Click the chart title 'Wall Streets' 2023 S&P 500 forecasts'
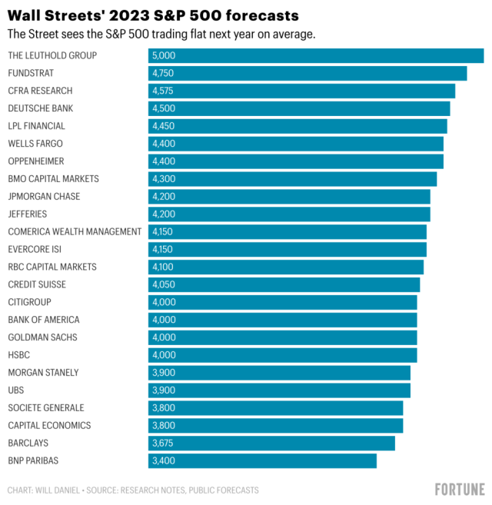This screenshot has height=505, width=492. (x=154, y=15)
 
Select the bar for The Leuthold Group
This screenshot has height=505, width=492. (x=316, y=55)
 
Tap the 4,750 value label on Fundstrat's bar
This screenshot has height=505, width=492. (x=163, y=73)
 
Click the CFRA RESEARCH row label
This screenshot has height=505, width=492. (x=40, y=91)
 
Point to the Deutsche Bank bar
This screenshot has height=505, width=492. (x=299, y=108)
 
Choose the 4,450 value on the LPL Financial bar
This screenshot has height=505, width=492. (x=163, y=126)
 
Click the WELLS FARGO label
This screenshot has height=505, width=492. (x=35, y=144)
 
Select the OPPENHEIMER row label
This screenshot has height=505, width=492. (x=36, y=161)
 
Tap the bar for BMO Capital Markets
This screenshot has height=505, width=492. (x=293, y=179)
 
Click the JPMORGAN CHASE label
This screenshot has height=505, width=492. (x=44, y=197)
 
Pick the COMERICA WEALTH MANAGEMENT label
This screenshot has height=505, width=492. (x=75, y=231)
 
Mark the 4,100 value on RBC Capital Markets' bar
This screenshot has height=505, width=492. (x=163, y=267)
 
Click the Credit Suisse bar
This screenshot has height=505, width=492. (x=284, y=284)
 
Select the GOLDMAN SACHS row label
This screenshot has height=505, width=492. (x=43, y=337)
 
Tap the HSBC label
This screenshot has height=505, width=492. (x=19, y=355)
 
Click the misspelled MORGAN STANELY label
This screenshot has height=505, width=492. (x=44, y=373)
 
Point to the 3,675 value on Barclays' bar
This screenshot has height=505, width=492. (x=163, y=444)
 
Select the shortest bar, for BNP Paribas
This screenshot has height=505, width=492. (x=262, y=461)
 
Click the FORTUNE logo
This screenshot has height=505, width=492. (x=460, y=490)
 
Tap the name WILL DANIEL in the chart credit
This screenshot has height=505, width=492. (x=58, y=490)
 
